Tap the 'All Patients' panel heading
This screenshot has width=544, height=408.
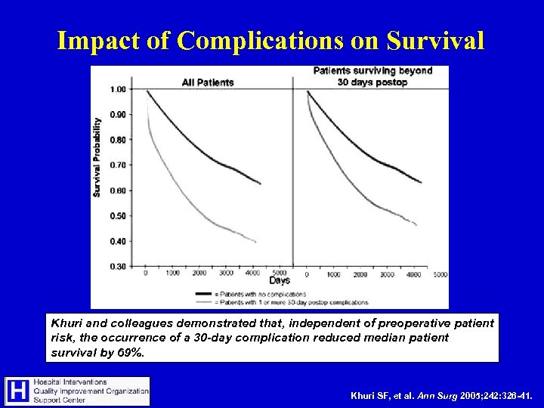tap(208, 82)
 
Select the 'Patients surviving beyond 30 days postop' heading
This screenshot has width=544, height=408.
tap(373, 76)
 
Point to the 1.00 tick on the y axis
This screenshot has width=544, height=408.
tap(118, 90)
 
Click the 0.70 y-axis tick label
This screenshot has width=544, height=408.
tap(118, 165)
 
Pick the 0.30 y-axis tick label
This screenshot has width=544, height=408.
tap(118, 266)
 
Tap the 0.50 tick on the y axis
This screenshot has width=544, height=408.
tap(118, 215)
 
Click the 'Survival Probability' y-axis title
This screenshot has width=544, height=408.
tap(97, 157)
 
